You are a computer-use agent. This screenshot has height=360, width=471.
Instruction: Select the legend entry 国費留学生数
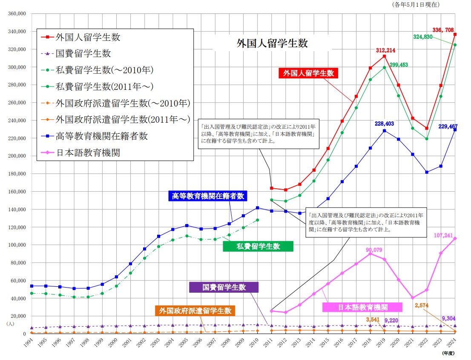click(83, 54)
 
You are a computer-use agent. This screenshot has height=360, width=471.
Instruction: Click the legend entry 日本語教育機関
click(88, 153)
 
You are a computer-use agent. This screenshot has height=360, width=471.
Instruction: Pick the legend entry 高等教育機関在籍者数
click(101, 136)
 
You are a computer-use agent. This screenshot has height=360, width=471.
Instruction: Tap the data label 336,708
click(444, 30)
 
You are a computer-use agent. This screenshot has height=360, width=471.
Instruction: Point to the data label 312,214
click(385, 50)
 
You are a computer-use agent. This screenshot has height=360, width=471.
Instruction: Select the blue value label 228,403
click(385, 124)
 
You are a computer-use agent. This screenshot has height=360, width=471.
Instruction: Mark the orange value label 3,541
click(372, 320)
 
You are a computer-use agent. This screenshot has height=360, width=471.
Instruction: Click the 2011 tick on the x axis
click(268, 342)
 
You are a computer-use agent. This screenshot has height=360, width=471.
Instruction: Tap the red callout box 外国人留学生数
click(308, 73)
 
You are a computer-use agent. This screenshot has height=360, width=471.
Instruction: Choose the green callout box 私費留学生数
click(258, 246)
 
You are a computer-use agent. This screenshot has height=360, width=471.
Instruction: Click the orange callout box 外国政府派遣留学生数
click(195, 311)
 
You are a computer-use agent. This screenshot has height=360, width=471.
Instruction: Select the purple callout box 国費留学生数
click(224, 287)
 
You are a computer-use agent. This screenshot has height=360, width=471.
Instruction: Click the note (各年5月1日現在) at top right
click(416, 5)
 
